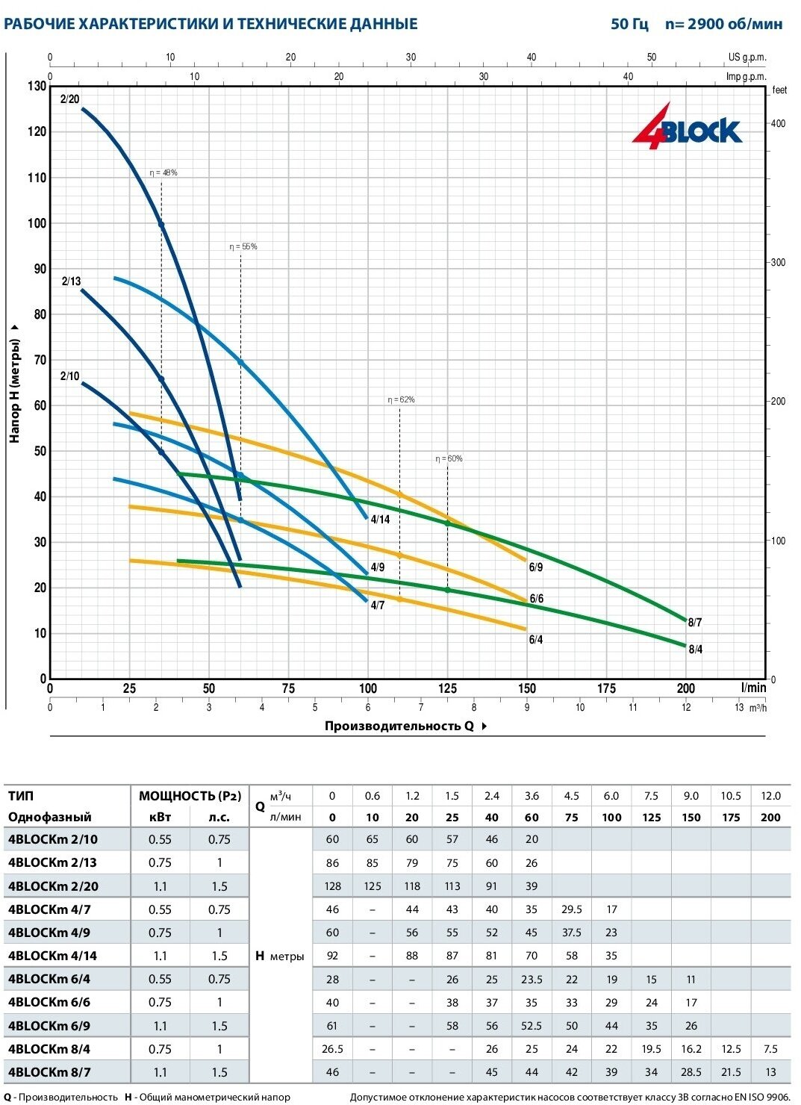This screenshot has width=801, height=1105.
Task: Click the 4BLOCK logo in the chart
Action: (688, 128)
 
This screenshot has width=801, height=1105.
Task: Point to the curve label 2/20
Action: (69, 99)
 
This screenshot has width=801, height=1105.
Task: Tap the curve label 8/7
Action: (694, 623)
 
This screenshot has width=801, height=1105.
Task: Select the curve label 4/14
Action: (380, 520)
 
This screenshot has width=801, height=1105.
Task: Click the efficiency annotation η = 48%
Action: (163, 173)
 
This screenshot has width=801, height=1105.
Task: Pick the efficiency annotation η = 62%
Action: (401, 400)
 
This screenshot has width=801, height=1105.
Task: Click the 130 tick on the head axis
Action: (37, 87)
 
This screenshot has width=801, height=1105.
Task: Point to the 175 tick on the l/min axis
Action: (606, 688)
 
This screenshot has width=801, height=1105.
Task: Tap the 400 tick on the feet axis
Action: (778, 124)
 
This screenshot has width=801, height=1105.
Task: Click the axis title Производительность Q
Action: (399, 726)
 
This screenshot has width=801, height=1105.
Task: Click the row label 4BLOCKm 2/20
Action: (53, 886)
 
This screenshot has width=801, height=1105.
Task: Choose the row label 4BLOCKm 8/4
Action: (49, 1049)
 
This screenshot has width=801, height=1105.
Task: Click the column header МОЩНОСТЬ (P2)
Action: (190, 796)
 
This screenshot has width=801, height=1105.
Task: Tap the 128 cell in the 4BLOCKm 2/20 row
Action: (332, 886)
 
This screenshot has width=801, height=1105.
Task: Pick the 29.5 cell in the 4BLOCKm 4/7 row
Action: (571, 909)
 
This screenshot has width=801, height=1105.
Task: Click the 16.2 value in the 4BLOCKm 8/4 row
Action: (691, 1049)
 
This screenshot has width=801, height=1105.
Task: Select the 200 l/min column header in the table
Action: (770, 817)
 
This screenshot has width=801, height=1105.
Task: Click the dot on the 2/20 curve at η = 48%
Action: (161, 224)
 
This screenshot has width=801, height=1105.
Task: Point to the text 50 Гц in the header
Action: (629, 24)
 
